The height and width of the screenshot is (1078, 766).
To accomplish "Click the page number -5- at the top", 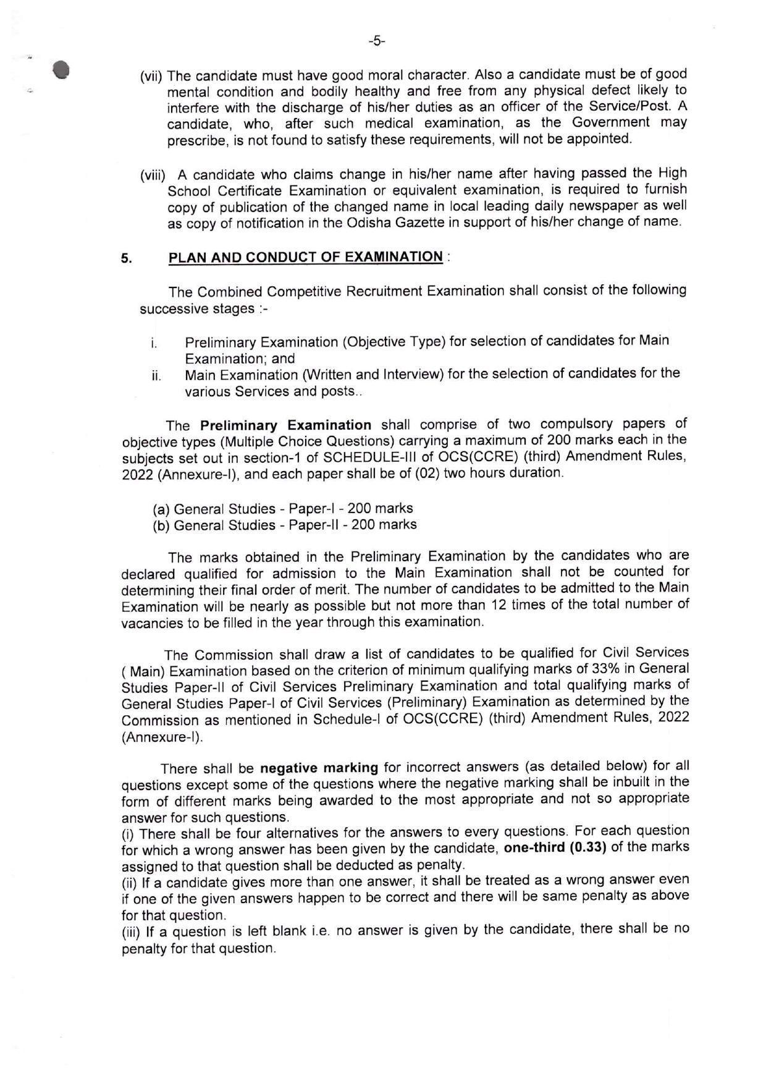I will click(376, 41).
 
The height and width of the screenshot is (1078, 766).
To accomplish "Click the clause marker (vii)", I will click(151, 77).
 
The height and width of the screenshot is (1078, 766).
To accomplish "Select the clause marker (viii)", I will click(153, 176).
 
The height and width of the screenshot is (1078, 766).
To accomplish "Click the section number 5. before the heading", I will click(126, 259).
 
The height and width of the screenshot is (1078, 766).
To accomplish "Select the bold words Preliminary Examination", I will click(285, 425).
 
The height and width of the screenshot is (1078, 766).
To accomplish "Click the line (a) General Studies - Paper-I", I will click(282, 509).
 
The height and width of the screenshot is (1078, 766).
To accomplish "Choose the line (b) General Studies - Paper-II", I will click(284, 525).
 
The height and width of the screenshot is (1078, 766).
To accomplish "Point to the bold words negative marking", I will click(319, 768).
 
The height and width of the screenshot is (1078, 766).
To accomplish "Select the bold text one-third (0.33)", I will click(555, 847).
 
